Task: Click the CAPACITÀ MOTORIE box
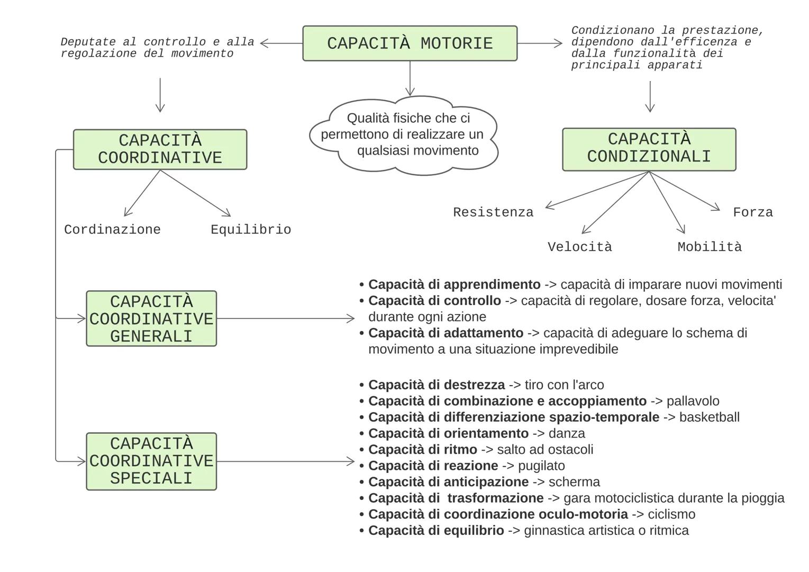tap(410, 43)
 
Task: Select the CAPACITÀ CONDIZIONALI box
tap(649, 149)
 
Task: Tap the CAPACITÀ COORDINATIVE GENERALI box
tap(151, 319)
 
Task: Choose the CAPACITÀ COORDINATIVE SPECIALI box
tap(151, 461)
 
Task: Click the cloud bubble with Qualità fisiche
tap(403, 135)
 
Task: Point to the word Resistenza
tap(493, 212)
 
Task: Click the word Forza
tap(752, 212)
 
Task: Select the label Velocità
tap(579, 247)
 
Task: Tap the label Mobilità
tap(710, 247)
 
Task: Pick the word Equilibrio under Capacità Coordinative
tap(251, 230)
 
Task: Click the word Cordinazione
tap(112, 230)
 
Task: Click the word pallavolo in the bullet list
tap(693, 401)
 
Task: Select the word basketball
tap(709, 417)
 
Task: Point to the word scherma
tap(574, 482)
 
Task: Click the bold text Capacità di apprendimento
tap(454, 284)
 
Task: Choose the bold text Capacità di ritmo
tap(422, 450)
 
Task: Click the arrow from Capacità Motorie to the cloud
tap(410, 78)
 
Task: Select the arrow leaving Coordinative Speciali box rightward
tap(286, 461)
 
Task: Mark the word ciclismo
tap(671, 514)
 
